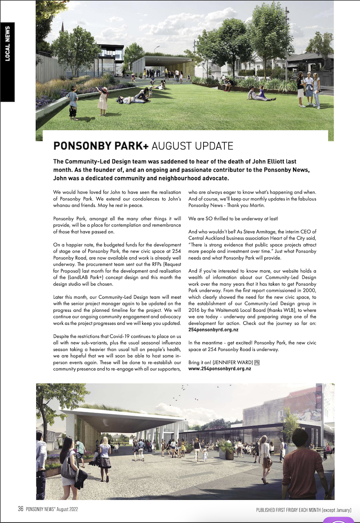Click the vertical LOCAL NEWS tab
(x=7, y=44)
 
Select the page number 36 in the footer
(x=20, y=509)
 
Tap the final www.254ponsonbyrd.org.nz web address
(x=219, y=368)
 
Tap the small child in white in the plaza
(x=205, y=456)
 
